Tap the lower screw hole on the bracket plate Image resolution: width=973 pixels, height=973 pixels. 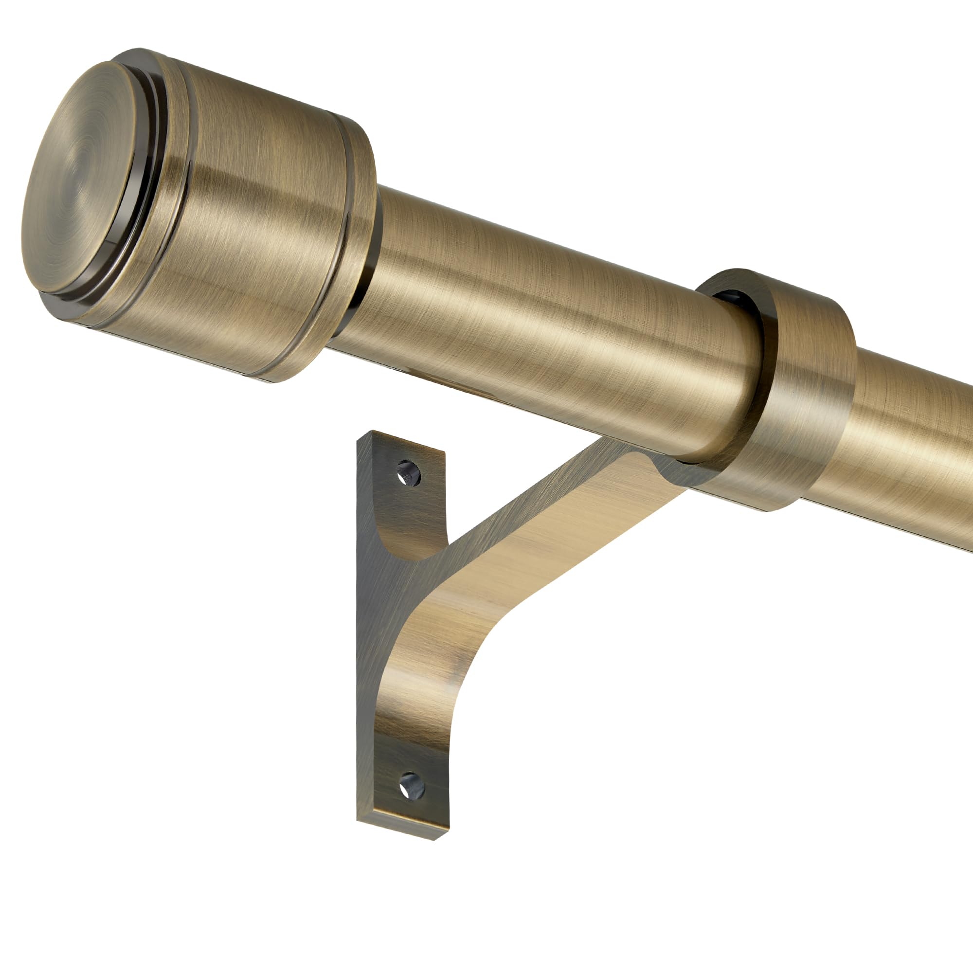click(411, 787)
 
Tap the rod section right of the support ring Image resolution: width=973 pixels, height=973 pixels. click(906, 443)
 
